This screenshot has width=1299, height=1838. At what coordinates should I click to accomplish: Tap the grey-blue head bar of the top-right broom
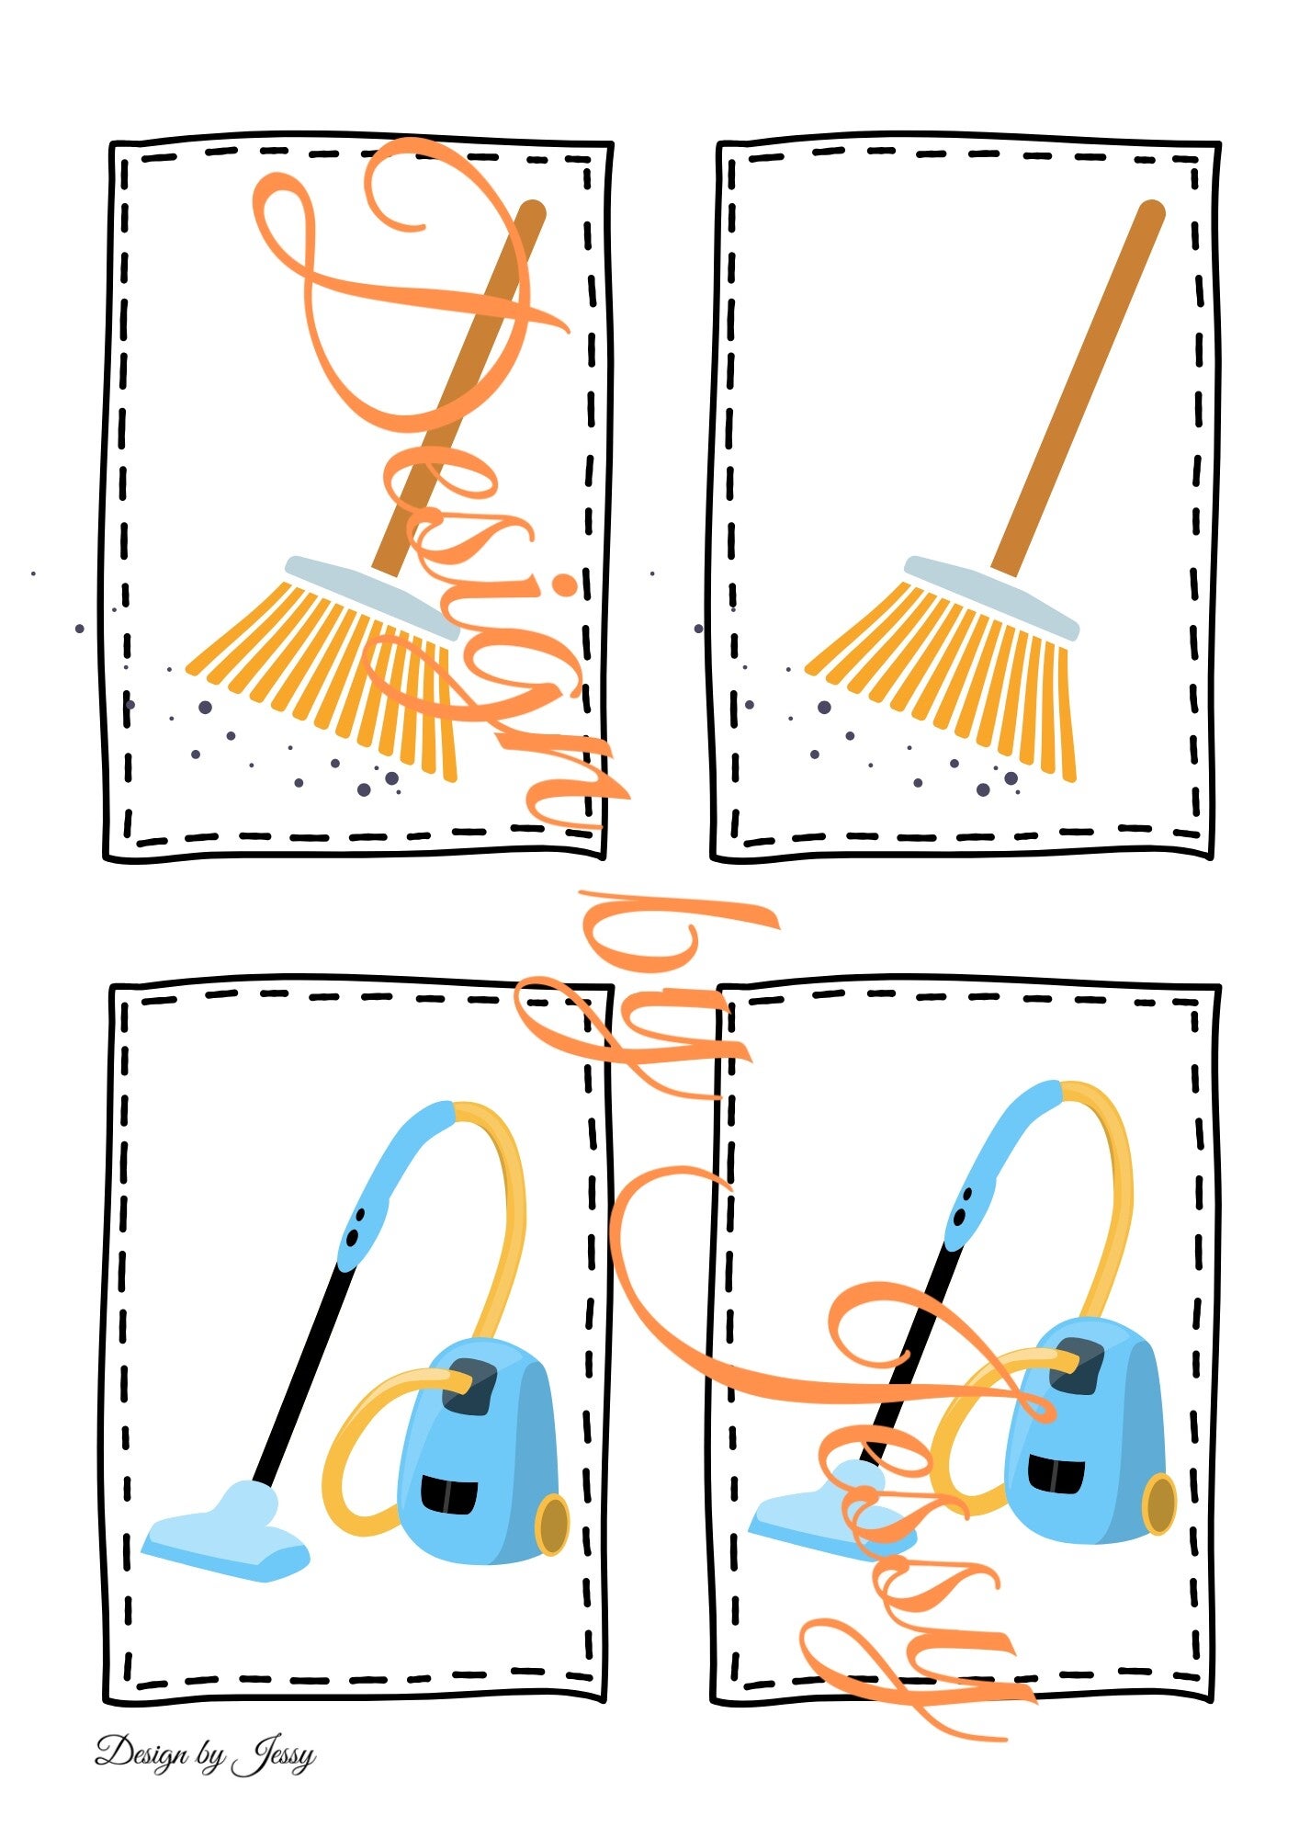(991, 597)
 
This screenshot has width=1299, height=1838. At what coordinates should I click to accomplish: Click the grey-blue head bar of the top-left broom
(372, 597)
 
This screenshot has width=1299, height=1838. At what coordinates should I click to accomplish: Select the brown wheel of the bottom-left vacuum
(552, 1525)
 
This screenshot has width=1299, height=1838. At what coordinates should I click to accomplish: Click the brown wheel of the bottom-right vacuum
(1158, 1504)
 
